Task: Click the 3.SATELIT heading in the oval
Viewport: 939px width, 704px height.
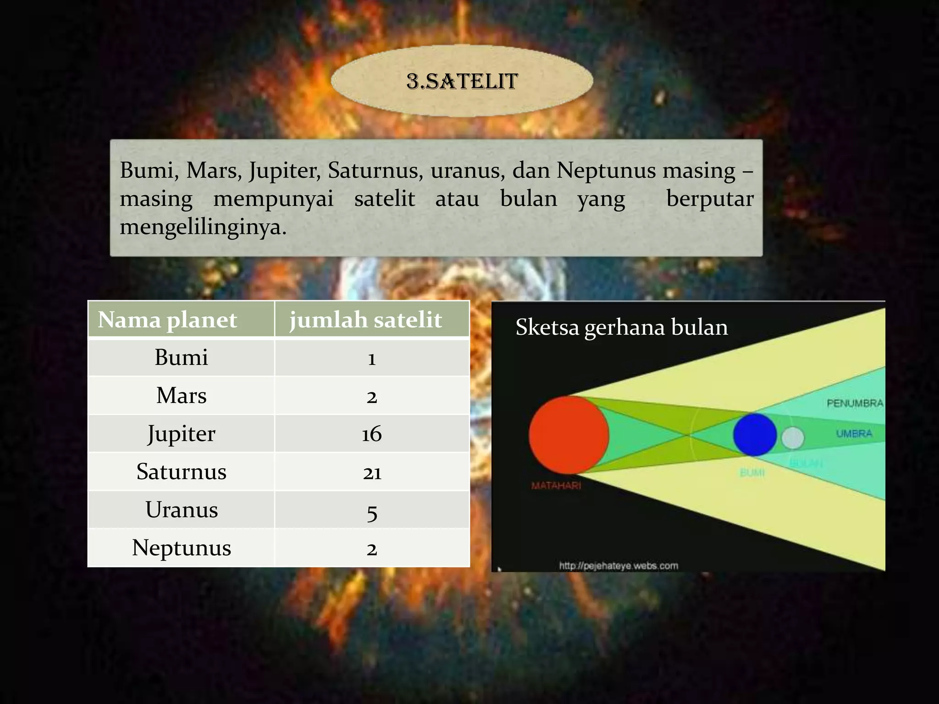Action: pyautogui.click(x=462, y=82)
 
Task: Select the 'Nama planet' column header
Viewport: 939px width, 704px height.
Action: pyautogui.click(x=167, y=319)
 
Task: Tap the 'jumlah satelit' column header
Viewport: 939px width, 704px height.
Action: pyautogui.click(x=365, y=319)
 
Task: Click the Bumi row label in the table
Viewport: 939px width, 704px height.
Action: pyautogui.click(x=181, y=357)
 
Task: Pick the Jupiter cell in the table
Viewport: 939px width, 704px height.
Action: pyautogui.click(x=181, y=434)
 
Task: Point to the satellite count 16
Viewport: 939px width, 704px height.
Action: pyautogui.click(x=371, y=434)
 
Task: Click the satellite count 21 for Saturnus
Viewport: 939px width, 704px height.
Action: pyautogui.click(x=372, y=472)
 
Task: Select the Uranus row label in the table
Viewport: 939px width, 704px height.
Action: pyautogui.click(x=182, y=510)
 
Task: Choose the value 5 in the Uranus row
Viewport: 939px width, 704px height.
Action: pyautogui.click(x=372, y=511)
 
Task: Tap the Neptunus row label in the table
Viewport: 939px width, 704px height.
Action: pyautogui.click(x=182, y=548)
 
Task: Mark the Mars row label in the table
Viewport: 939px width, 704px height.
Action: pyautogui.click(x=181, y=395)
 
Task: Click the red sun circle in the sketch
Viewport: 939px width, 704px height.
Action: pyautogui.click(x=569, y=434)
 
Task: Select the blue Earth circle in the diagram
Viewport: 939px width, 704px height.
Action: pyautogui.click(x=754, y=434)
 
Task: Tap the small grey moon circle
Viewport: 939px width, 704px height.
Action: pyautogui.click(x=792, y=438)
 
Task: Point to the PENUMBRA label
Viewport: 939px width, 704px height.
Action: pyautogui.click(x=855, y=403)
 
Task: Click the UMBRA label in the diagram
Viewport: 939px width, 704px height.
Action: pyautogui.click(x=854, y=433)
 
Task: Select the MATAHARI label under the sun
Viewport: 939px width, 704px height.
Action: pyautogui.click(x=556, y=485)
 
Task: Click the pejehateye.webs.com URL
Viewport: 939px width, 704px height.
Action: pyautogui.click(x=618, y=566)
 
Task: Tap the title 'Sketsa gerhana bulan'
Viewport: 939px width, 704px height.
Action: pyautogui.click(x=621, y=327)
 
